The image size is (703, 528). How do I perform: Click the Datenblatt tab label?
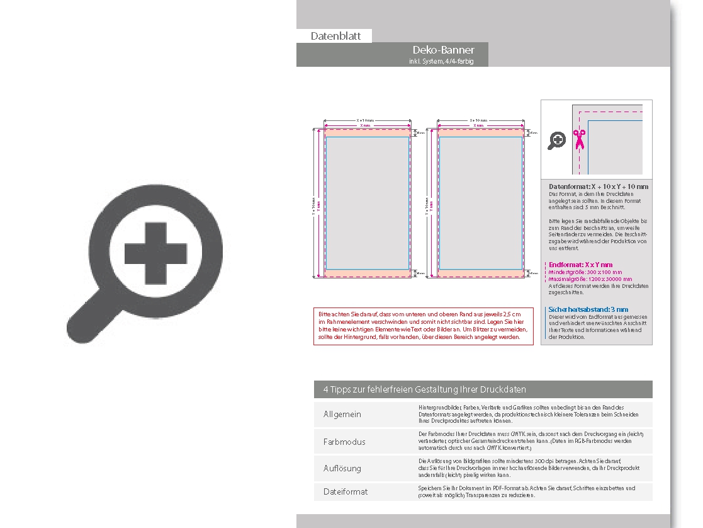(x=335, y=36)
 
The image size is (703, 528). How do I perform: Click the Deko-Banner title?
(x=443, y=50)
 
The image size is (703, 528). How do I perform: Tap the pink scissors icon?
(x=579, y=139)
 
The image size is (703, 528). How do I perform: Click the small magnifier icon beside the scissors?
(x=556, y=141)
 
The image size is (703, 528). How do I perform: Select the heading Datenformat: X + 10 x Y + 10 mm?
(x=598, y=187)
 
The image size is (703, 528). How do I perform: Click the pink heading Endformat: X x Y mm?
(x=580, y=265)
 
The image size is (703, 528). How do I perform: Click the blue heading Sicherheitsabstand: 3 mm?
(x=588, y=309)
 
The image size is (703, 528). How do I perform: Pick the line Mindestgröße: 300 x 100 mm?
(x=585, y=272)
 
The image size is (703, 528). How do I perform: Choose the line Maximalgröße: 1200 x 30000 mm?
(x=590, y=278)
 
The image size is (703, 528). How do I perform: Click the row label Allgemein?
(x=342, y=415)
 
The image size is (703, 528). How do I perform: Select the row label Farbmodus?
(x=344, y=442)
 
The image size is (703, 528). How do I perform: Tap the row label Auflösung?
(x=342, y=468)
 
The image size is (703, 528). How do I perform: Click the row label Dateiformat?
(x=346, y=491)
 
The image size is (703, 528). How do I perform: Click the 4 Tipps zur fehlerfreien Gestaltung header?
(x=425, y=389)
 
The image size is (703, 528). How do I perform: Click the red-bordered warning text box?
(x=423, y=325)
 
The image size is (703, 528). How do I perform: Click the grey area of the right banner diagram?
(x=480, y=203)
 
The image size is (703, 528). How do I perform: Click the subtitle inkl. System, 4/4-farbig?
(x=441, y=61)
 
